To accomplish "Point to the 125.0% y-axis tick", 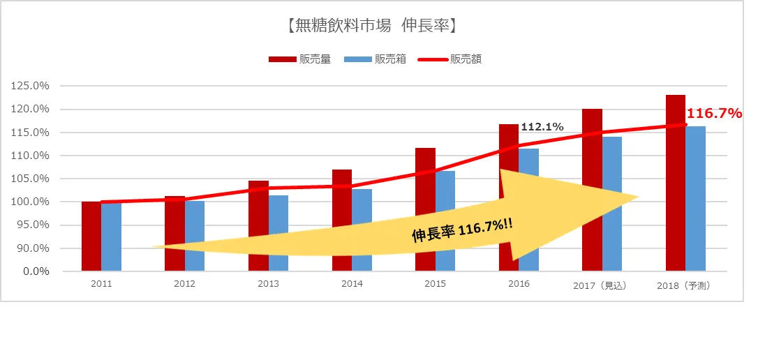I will tap(30, 86).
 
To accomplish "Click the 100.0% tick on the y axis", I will tap(30, 202).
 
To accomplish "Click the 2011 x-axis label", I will tap(101, 284).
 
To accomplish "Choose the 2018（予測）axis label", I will tap(684, 285).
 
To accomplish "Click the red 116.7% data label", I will tap(714, 113).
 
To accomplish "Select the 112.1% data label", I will tap(542, 127).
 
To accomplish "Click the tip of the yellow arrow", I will tap(637, 197).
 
